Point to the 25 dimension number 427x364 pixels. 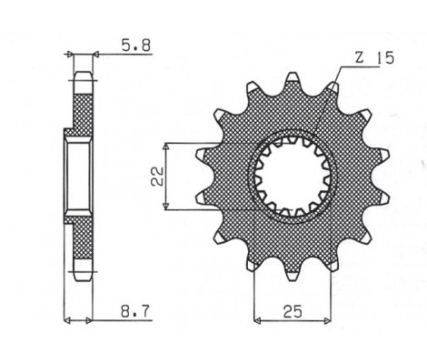(x=292, y=310)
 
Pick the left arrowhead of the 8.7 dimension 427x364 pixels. (x=67, y=320)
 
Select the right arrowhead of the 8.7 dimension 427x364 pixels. (x=94, y=320)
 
